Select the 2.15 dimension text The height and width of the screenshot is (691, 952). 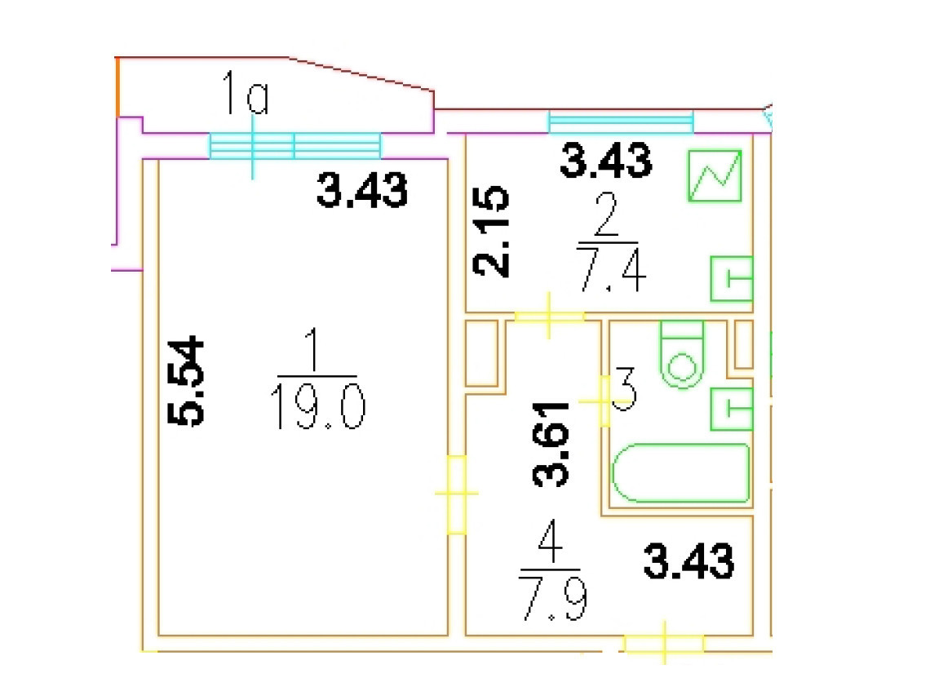tap(492, 233)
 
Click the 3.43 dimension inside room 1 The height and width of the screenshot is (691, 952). tap(361, 193)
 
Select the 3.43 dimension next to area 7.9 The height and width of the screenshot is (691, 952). tap(689, 562)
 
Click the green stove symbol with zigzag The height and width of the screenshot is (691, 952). tap(715, 176)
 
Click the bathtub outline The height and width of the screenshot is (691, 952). tap(681, 472)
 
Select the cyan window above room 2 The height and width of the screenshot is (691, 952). tap(620, 122)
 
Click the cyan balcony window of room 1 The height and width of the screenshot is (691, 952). tap(295, 146)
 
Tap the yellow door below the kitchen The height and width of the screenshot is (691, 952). tap(549, 316)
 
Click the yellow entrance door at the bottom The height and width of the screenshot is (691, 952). tap(664, 644)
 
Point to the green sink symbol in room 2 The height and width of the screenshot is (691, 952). tap(731, 278)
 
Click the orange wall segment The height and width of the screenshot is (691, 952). tap(118, 86)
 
